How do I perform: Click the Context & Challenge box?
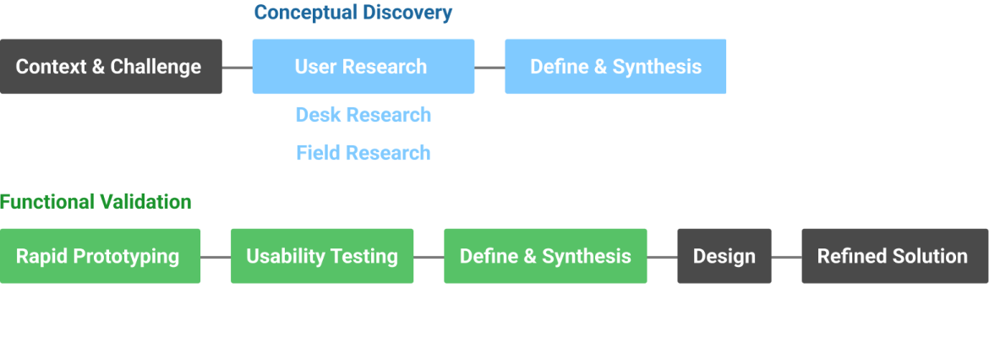pos(111,66)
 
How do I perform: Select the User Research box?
pos(363,66)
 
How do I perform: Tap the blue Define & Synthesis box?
pos(615,66)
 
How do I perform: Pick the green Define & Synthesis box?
pos(545,256)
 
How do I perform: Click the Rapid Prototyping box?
pos(100,256)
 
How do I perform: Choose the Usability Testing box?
pos(322,256)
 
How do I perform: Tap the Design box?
pos(724,256)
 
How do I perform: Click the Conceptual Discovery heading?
pos(352,13)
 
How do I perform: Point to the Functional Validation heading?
pos(96,202)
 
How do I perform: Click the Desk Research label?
pos(363,115)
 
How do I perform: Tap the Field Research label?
pos(363,153)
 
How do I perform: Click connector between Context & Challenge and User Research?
pos(237,67)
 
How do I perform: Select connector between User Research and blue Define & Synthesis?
pos(489,67)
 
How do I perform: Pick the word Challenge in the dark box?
pos(156,66)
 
